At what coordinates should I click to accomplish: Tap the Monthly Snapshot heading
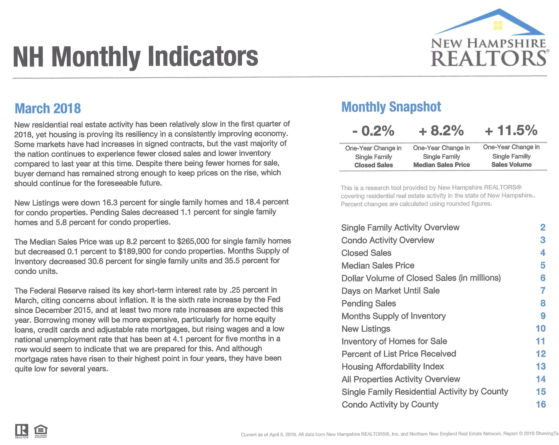pos(391,107)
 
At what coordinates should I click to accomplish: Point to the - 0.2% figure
pos(373,131)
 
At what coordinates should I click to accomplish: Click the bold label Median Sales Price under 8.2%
pos(441,165)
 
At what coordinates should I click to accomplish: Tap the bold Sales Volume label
pos(512,164)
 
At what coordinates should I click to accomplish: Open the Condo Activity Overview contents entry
pos(388,240)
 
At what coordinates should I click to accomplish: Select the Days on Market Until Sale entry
pos(390,291)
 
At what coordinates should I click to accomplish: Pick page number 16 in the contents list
pos(541,404)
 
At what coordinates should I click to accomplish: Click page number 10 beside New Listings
pos(541,329)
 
